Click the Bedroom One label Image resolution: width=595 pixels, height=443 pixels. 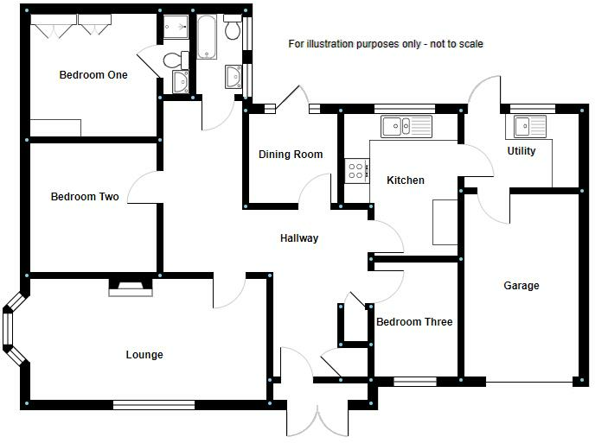click(93, 74)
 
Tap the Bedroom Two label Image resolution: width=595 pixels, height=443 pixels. click(85, 196)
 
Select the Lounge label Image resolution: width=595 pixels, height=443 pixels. click(144, 355)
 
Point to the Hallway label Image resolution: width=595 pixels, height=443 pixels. click(299, 238)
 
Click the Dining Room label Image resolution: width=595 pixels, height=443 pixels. click(291, 155)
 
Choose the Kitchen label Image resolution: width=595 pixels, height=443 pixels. click(406, 180)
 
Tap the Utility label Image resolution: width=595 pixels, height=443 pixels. click(521, 151)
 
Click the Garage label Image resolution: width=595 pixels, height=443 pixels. click(521, 285)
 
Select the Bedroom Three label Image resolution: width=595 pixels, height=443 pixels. click(414, 322)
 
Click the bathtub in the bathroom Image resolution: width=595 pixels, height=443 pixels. click(207, 37)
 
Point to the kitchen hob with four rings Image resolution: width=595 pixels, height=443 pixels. click(356, 171)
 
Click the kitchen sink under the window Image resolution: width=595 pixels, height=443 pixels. click(406, 126)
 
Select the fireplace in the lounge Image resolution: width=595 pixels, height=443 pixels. click(131, 288)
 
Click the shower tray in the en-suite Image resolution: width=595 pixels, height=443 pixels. click(176, 27)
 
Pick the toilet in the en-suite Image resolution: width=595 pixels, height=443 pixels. click(176, 60)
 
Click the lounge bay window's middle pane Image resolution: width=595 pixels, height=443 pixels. click(8, 328)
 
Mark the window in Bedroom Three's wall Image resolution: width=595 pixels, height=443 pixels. click(415, 382)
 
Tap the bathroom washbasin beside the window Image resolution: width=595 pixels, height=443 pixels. click(233, 77)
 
